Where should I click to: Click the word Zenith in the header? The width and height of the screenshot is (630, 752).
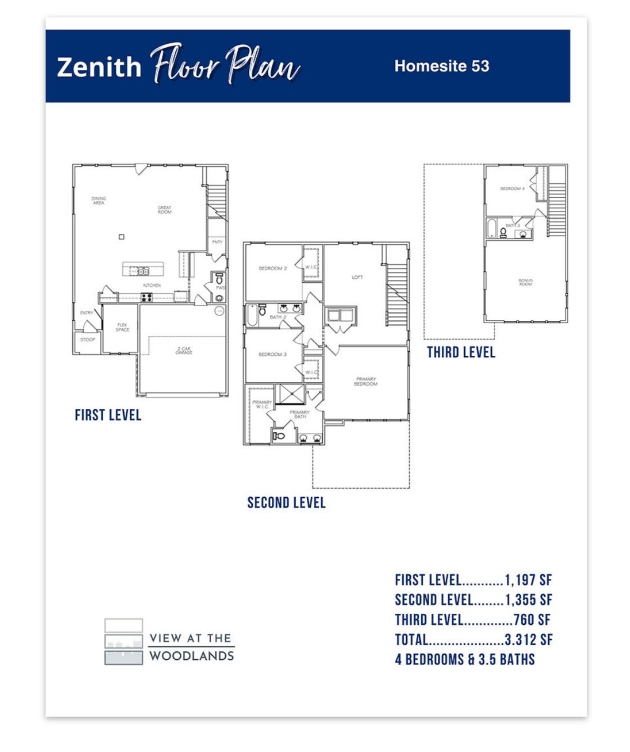(x=99, y=67)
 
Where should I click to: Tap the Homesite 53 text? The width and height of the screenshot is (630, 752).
(x=441, y=66)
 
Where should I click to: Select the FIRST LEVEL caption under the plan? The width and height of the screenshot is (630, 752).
(x=108, y=415)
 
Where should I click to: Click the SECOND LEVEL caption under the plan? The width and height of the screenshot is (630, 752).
(x=286, y=502)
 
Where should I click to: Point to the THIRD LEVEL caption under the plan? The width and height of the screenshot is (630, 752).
(x=461, y=352)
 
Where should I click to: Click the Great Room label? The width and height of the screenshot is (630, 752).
(x=165, y=210)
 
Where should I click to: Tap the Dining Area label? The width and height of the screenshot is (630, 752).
(x=98, y=201)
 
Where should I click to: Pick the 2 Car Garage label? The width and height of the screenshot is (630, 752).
(x=184, y=351)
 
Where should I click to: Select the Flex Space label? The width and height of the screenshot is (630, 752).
(x=122, y=327)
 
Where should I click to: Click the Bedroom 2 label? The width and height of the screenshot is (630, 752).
(x=273, y=269)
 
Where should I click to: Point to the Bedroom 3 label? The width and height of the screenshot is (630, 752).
(x=273, y=355)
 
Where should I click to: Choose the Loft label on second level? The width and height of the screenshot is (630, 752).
(x=357, y=277)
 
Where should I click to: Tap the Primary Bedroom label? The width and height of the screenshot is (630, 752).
(x=366, y=382)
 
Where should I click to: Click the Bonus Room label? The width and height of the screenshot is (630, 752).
(x=525, y=282)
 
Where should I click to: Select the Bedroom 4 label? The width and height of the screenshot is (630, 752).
(x=512, y=189)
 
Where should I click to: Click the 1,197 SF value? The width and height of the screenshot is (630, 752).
(x=528, y=580)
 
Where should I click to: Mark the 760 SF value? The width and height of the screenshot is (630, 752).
(x=532, y=620)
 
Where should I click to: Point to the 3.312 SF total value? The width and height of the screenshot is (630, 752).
(x=528, y=640)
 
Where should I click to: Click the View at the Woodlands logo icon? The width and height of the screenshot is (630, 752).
(x=124, y=641)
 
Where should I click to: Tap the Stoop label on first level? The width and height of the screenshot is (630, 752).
(x=88, y=339)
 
